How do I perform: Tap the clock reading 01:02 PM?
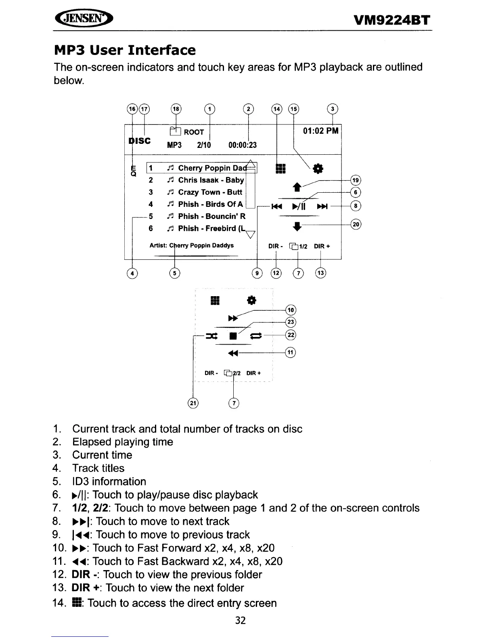pos(321,131)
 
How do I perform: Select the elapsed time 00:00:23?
pos(242,145)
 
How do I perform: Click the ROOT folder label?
pos(194,132)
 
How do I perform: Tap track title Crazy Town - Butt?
pos(210,192)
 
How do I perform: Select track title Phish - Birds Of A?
pos(210,204)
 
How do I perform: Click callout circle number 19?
pos(356,180)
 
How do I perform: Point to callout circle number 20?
pos(356,224)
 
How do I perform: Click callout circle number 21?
pos(193,403)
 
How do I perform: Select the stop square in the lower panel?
pos(233,336)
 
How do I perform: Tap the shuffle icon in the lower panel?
pos(211,336)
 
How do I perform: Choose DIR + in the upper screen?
pos(322,246)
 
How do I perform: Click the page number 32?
pos(240,620)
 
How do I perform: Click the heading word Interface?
pos(162,50)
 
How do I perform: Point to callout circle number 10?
pos(291,310)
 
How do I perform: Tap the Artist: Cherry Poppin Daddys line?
pos(191,245)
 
